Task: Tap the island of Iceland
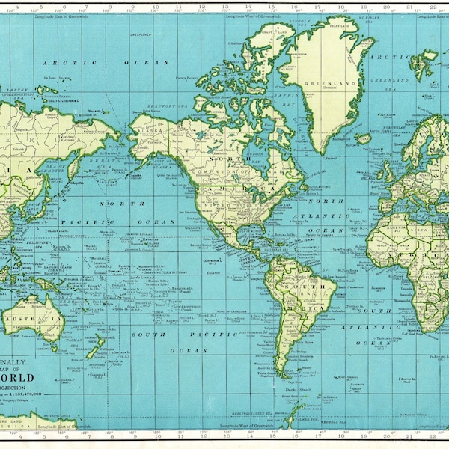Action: coord(364,138)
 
